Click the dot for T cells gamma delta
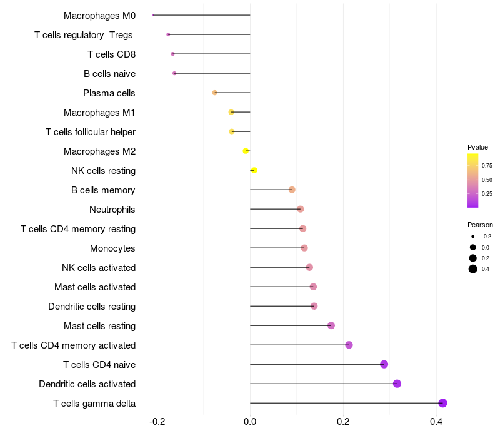442,403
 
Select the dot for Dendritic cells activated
397,384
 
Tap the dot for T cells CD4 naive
384,364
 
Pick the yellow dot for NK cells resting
254,170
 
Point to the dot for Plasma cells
215,93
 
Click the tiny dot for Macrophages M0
153,15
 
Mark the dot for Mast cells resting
331,325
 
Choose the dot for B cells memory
292,190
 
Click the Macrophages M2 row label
99,151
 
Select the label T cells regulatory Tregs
84,34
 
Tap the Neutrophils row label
112,209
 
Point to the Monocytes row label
112,248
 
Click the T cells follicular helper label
91,131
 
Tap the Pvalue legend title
477,147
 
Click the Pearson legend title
480,225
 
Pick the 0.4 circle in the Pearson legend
473,269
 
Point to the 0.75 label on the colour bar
487,166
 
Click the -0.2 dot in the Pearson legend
473,237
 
